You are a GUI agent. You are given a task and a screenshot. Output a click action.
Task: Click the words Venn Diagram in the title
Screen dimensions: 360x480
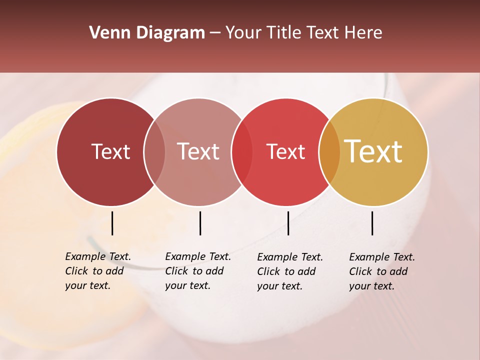click(x=147, y=33)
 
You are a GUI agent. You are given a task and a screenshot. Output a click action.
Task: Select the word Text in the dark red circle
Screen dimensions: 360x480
click(x=110, y=152)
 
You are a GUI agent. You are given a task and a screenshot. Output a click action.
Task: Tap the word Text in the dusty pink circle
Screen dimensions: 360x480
click(x=198, y=152)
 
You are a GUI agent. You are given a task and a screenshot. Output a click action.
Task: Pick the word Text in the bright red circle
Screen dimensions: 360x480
click(x=285, y=152)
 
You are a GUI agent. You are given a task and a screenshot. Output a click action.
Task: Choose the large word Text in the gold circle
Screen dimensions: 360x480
click(x=373, y=151)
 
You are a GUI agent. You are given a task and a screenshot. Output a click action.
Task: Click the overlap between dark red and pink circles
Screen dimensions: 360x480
click(x=154, y=152)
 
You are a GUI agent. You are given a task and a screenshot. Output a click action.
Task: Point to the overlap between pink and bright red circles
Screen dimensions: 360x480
click(x=242, y=152)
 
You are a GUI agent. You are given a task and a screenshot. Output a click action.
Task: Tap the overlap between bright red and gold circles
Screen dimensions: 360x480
click(x=329, y=152)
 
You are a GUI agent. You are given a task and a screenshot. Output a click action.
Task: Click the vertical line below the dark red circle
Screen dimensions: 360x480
click(x=112, y=223)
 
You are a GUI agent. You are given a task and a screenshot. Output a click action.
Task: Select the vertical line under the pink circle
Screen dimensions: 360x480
click(x=200, y=223)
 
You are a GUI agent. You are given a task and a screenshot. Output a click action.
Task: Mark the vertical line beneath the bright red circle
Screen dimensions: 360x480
click(x=288, y=223)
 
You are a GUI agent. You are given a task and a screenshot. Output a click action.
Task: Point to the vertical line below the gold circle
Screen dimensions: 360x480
click(x=372, y=223)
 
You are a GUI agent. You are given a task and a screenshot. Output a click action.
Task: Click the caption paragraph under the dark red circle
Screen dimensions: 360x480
click(x=98, y=271)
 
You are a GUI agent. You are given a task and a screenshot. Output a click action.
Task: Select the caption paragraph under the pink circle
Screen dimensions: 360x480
click(x=198, y=271)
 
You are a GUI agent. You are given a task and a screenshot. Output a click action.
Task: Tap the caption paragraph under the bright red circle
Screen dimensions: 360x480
click(x=290, y=271)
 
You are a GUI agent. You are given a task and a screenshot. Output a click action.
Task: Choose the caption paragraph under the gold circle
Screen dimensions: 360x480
click(x=382, y=271)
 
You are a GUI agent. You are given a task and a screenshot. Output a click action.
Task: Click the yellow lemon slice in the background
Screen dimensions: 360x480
click(x=30, y=210)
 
